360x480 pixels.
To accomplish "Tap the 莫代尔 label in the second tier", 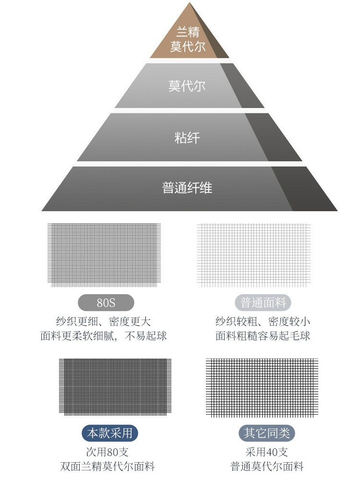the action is pos(187,86).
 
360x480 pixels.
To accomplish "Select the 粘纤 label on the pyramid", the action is pos(187,138).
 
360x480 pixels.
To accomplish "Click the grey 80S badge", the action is pos(106,303).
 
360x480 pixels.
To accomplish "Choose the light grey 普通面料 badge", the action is pos(263,303).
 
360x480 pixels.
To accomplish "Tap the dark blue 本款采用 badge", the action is pos(110,433).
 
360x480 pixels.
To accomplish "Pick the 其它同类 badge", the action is pos(266,433).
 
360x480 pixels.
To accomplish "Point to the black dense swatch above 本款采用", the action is pos(115,386).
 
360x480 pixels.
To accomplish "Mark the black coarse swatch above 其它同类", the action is pos(262,386).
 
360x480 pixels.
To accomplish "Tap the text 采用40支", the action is pos(267,452).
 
